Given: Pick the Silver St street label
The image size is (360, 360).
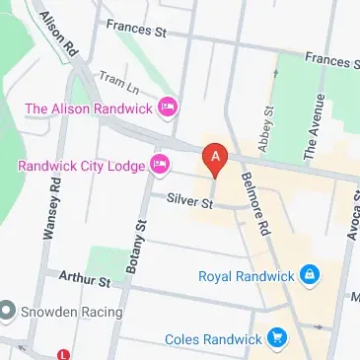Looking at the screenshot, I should [x=189, y=201].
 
